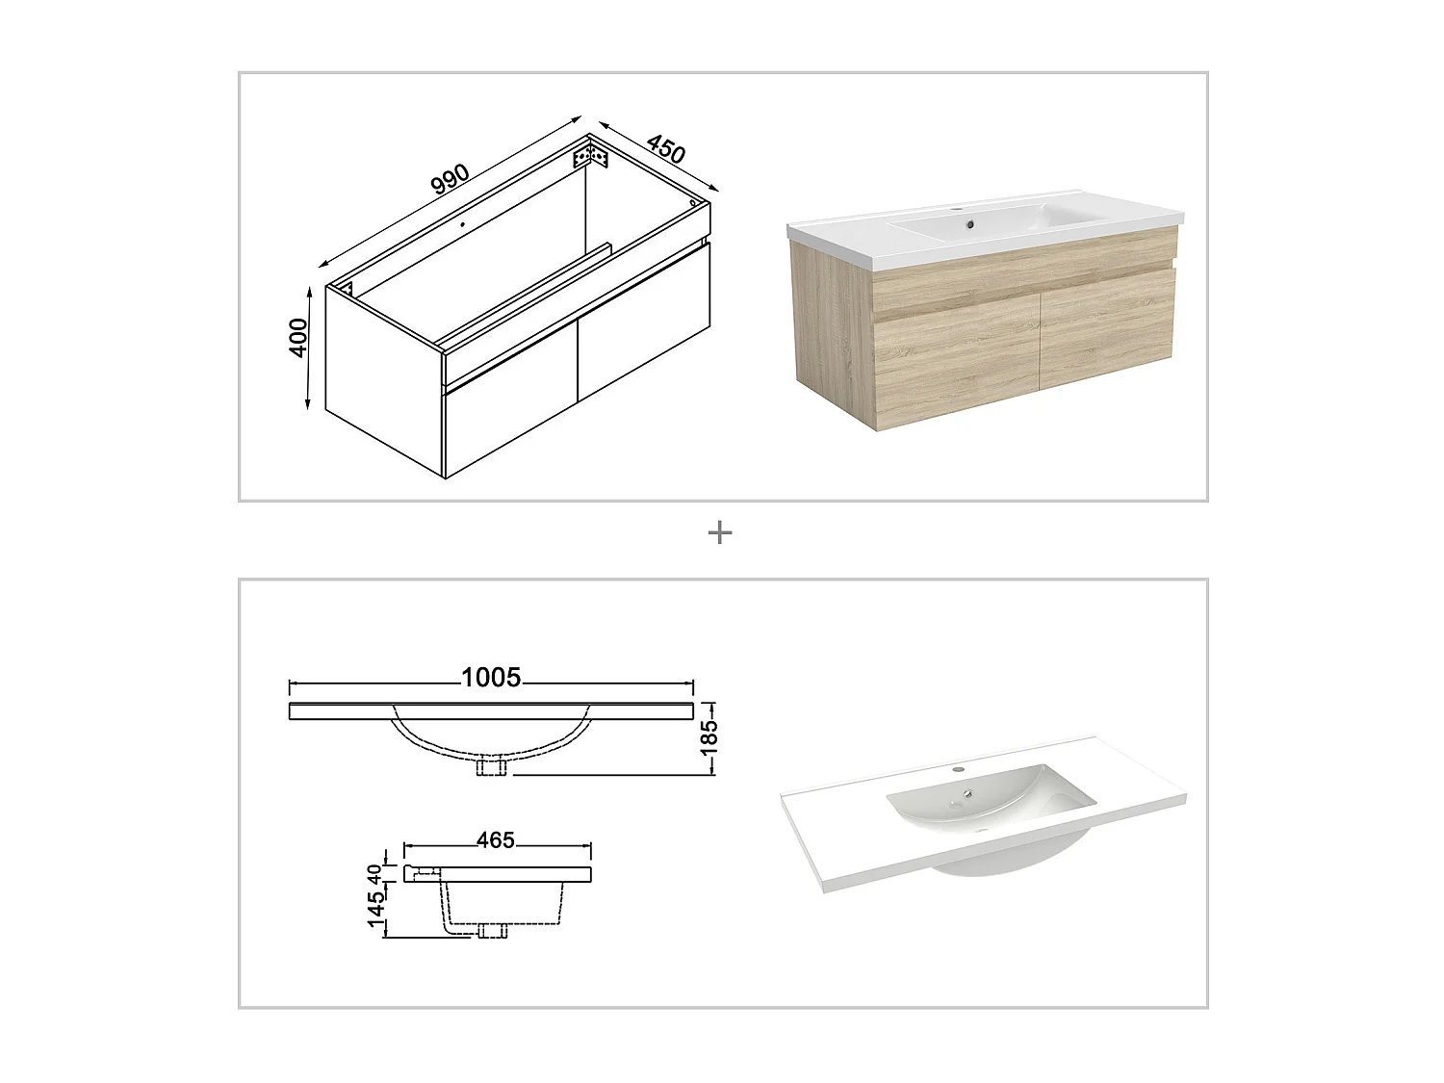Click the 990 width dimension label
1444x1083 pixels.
click(451, 179)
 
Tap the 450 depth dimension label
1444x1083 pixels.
click(666, 149)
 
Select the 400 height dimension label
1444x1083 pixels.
click(298, 338)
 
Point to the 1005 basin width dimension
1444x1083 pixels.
click(491, 678)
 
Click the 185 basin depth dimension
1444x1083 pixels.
click(709, 738)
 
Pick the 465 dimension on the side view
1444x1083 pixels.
click(496, 840)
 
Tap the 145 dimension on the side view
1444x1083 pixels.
click(376, 909)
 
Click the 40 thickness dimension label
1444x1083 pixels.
click(374, 874)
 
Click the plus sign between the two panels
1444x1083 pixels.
click(720, 532)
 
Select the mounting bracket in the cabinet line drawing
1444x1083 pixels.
click(591, 157)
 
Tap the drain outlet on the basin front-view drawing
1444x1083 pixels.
click(492, 767)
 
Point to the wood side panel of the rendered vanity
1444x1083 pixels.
click(832, 329)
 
